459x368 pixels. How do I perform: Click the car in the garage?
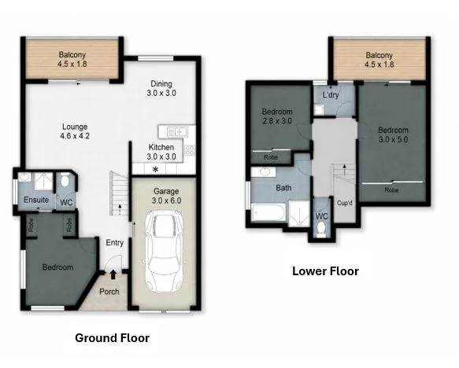tap(165, 252)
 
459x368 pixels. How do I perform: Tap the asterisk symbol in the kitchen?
tap(156, 169)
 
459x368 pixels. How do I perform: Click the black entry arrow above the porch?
tap(113, 274)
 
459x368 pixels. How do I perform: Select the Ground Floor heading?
tap(112, 338)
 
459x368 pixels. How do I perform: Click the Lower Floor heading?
tap(325, 271)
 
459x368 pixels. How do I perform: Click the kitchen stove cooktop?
tap(189, 150)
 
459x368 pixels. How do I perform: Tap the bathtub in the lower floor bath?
tap(268, 212)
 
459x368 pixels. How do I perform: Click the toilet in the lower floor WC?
tap(321, 229)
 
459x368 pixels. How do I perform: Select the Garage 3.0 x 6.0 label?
tap(166, 196)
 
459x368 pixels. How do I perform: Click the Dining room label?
tap(161, 88)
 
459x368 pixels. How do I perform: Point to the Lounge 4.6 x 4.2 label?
tap(75, 131)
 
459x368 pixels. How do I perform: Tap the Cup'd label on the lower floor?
tap(345, 203)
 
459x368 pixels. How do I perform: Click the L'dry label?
tap(331, 94)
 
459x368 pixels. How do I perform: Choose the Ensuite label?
tap(36, 200)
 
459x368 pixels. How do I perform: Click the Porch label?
tap(109, 292)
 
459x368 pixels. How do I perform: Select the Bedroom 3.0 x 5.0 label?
tap(393, 134)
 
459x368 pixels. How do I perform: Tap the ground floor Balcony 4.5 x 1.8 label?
tap(72, 59)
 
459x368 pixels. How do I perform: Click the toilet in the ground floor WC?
tap(65, 180)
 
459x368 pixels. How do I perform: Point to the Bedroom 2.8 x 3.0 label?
tap(277, 116)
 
